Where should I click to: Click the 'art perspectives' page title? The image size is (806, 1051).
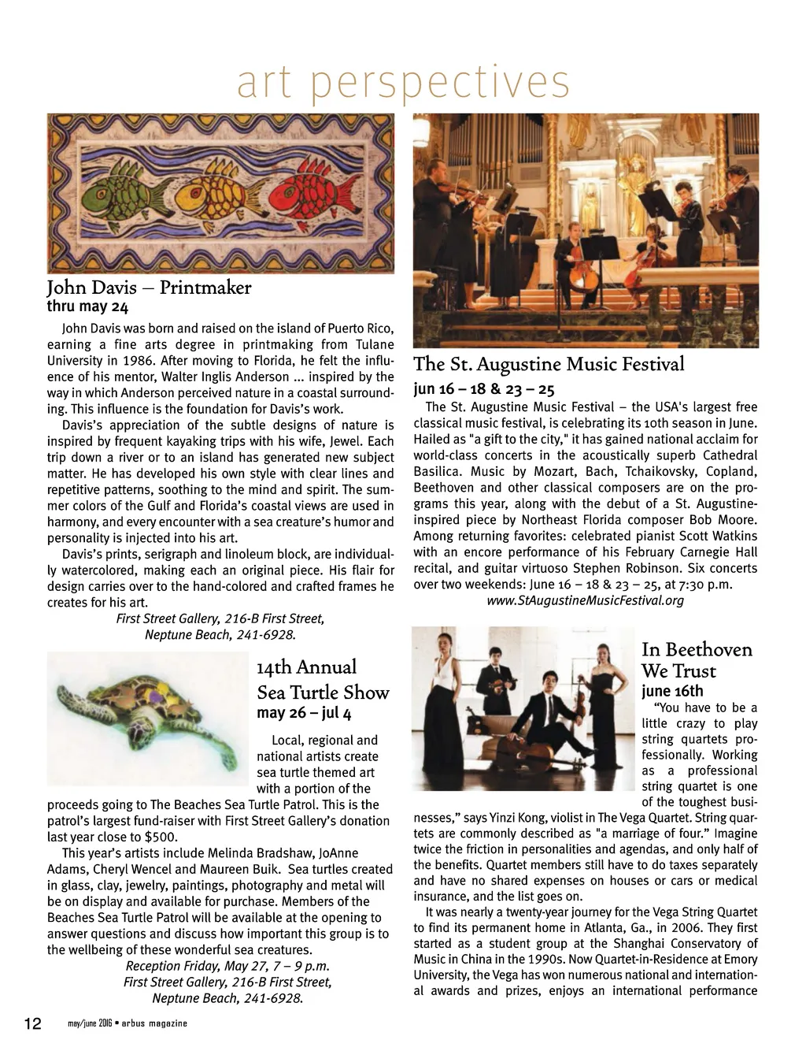pos(403,83)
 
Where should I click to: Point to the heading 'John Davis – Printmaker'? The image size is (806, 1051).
pos(149,288)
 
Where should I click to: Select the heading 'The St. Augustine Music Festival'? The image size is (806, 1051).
pos(549,364)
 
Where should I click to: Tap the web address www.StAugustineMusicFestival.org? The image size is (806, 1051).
pos(586,600)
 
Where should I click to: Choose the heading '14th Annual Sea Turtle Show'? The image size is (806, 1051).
pos(323,680)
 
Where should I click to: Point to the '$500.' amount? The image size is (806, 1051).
pos(161,837)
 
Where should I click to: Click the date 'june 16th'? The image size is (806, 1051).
pos(672,691)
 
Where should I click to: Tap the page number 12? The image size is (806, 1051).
pos(32,1023)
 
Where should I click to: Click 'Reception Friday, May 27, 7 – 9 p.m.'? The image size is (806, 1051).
pos(227,966)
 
